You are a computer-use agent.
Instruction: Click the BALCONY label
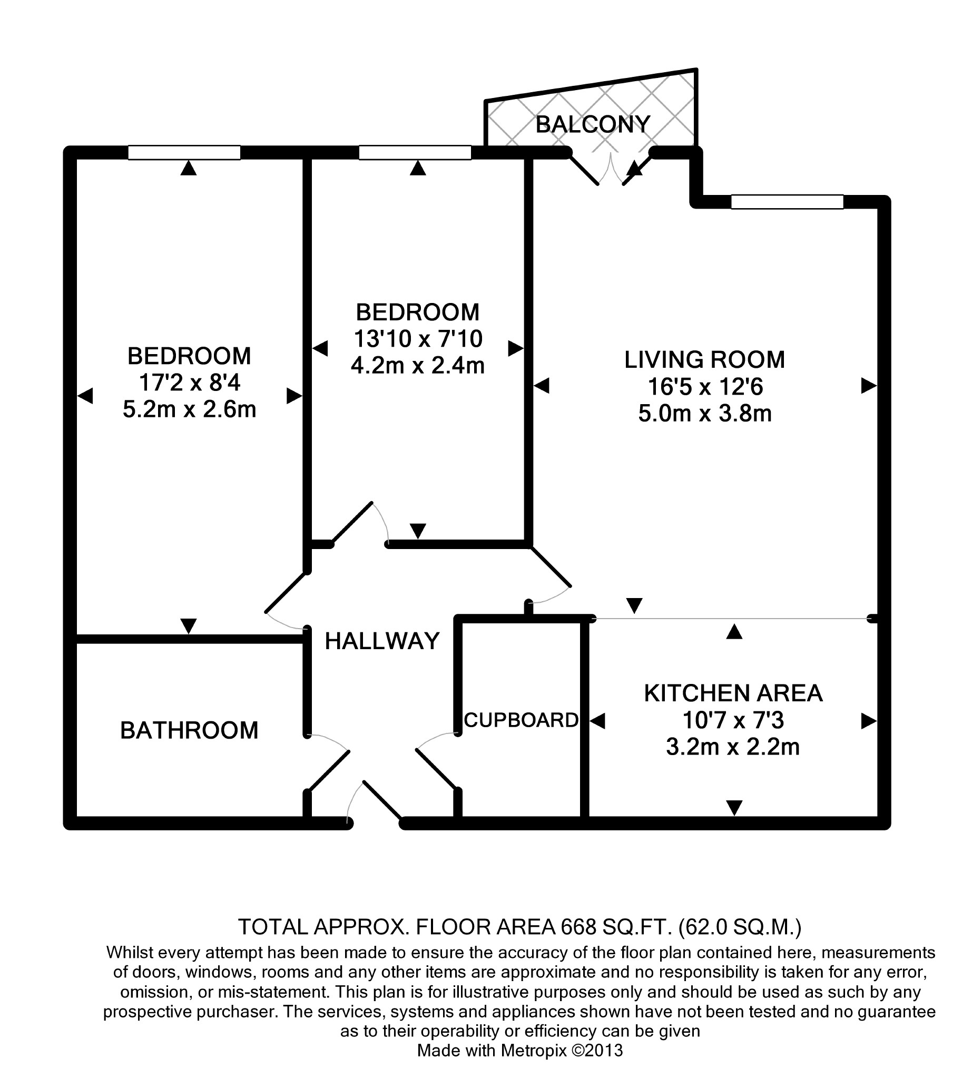[593, 124]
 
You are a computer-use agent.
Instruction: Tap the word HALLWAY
[382, 641]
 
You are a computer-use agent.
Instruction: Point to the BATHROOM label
[189, 730]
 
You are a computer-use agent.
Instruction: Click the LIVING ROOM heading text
[704, 360]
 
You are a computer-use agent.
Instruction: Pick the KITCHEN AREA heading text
[733, 693]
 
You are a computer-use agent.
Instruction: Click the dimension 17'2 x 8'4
[189, 383]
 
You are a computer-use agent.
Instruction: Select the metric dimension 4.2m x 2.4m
[417, 366]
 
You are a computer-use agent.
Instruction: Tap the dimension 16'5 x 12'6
[705, 387]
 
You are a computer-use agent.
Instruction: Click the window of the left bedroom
[184, 152]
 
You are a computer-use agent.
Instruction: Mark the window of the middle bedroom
[415, 152]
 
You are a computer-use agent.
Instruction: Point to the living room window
[787, 202]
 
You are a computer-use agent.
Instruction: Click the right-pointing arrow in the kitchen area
[868, 721]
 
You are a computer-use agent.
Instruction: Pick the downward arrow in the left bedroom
[189, 625]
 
